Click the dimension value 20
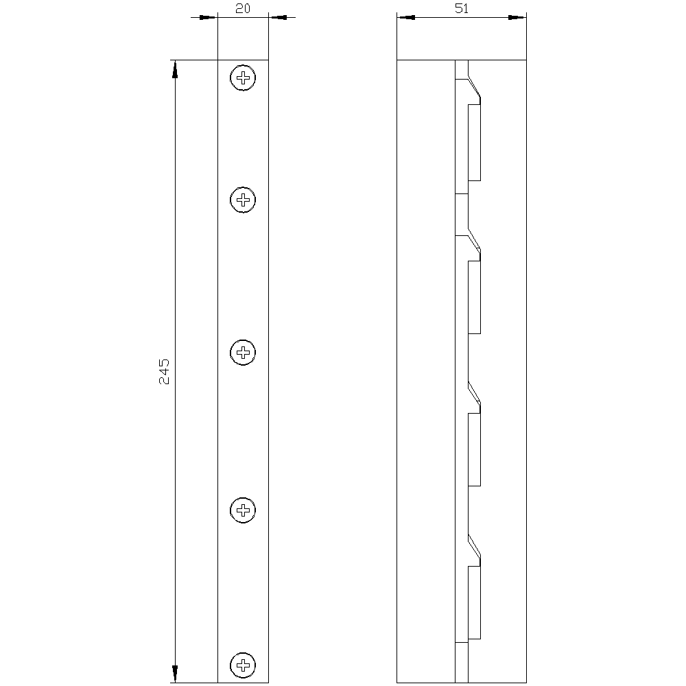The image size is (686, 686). pyautogui.click(x=243, y=8)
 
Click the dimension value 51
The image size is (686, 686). pyautogui.click(x=462, y=8)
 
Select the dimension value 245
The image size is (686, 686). pyautogui.click(x=164, y=370)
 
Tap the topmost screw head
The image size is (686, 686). pyautogui.click(x=243, y=78)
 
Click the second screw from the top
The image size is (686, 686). pyautogui.click(x=243, y=200)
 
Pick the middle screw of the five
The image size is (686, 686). pyautogui.click(x=243, y=353)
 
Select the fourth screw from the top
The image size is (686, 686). pyautogui.click(x=243, y=510)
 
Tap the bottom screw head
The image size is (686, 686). pyautogui.click(x=243, y=665)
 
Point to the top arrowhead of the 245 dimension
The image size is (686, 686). pyautogui.click(x=175, y=69)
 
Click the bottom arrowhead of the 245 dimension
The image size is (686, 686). pyautogui.click(x=175, y=674)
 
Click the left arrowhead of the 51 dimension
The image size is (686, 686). pyautogui.click(x=406, y=17)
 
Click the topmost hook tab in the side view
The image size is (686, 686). pyautogui.click(x=474, y=143)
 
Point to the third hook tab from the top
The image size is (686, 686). pyautogui.click(x=474, y=449)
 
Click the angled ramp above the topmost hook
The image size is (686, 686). pyautogui.click(x=473, y=87)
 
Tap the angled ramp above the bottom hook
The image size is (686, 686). pyautogui.click(x=473, y=546)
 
